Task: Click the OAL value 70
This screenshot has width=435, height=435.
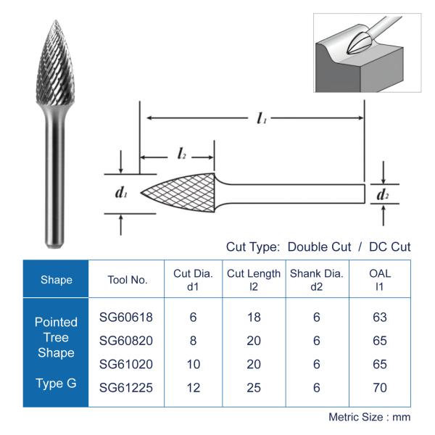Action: [379, 388]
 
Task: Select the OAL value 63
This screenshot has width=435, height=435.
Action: [379, 318]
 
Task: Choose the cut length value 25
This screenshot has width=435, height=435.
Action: [254, 388]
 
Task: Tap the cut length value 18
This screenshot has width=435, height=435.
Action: [254, 318]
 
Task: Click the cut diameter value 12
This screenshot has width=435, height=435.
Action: [193, 388]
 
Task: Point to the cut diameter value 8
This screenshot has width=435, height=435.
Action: [193, 341]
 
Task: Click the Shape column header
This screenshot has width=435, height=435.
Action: [56, 280]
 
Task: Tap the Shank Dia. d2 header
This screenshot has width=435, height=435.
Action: [316, 280]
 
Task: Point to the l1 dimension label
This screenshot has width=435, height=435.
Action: [261, 119]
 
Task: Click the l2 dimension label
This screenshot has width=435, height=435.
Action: [182, 153]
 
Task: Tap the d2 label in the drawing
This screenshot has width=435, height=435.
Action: [382, 194]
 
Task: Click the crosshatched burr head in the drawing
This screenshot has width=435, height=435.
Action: [181, 193]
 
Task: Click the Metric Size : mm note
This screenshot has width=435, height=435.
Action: [369, 417]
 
